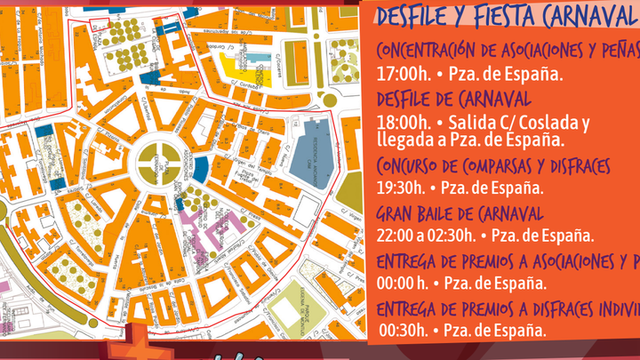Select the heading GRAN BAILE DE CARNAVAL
(x=460, y=213)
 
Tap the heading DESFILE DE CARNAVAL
(x=454, y=97)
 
